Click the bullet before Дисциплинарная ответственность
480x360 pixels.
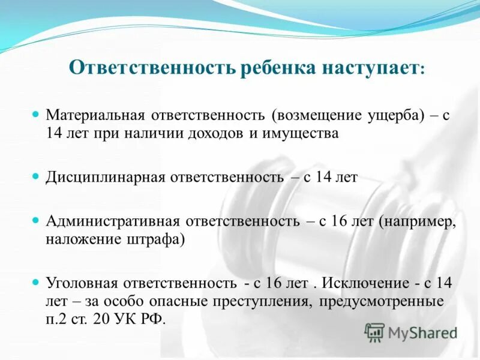[x=35, y=176]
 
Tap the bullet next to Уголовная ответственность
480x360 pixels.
[x=35, y=281]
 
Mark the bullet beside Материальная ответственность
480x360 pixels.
[x=35, y=113]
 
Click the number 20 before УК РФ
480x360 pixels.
[x=100, y=319]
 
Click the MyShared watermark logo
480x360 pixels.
[x=410, y=332]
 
